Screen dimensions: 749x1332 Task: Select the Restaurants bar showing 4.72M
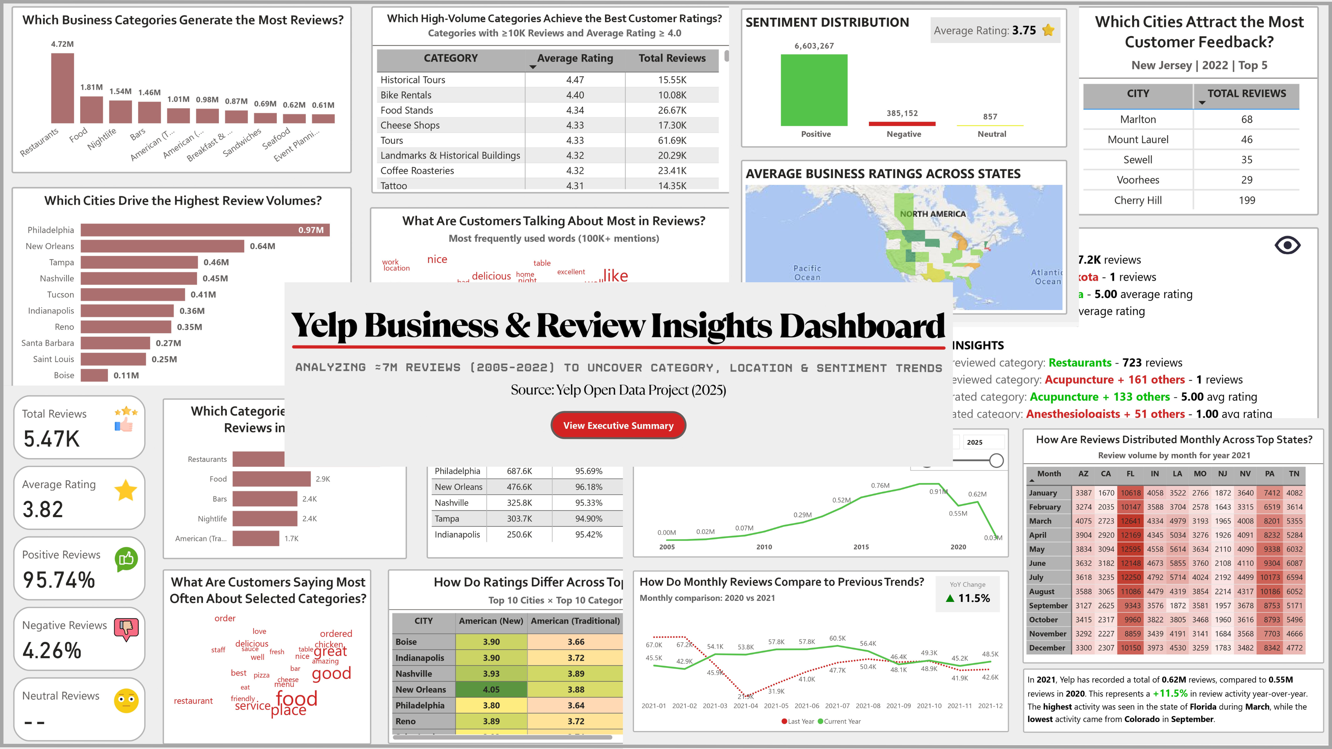click(62, 88)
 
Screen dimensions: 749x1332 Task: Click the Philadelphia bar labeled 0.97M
click(205, 230)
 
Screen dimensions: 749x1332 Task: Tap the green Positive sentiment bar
click(814, 90)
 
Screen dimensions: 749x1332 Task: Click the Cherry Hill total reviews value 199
click(1246, 200)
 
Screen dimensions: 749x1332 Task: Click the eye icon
click(1287, 245)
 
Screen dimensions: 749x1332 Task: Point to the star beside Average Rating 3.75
click(1048, 31)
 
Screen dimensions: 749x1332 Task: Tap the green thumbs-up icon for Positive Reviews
click(127, 559)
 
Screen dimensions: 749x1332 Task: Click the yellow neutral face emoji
click(126, 701)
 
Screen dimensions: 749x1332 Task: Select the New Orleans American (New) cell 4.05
click(491, 690)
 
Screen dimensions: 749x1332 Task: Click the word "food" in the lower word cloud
click(296, 699)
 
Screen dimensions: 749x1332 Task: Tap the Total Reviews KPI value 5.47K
click(52, 439)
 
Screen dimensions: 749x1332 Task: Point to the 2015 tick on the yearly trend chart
click(861, 547)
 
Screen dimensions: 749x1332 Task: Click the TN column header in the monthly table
click(1294, 473)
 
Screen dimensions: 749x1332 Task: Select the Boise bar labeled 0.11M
click(94, 375)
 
